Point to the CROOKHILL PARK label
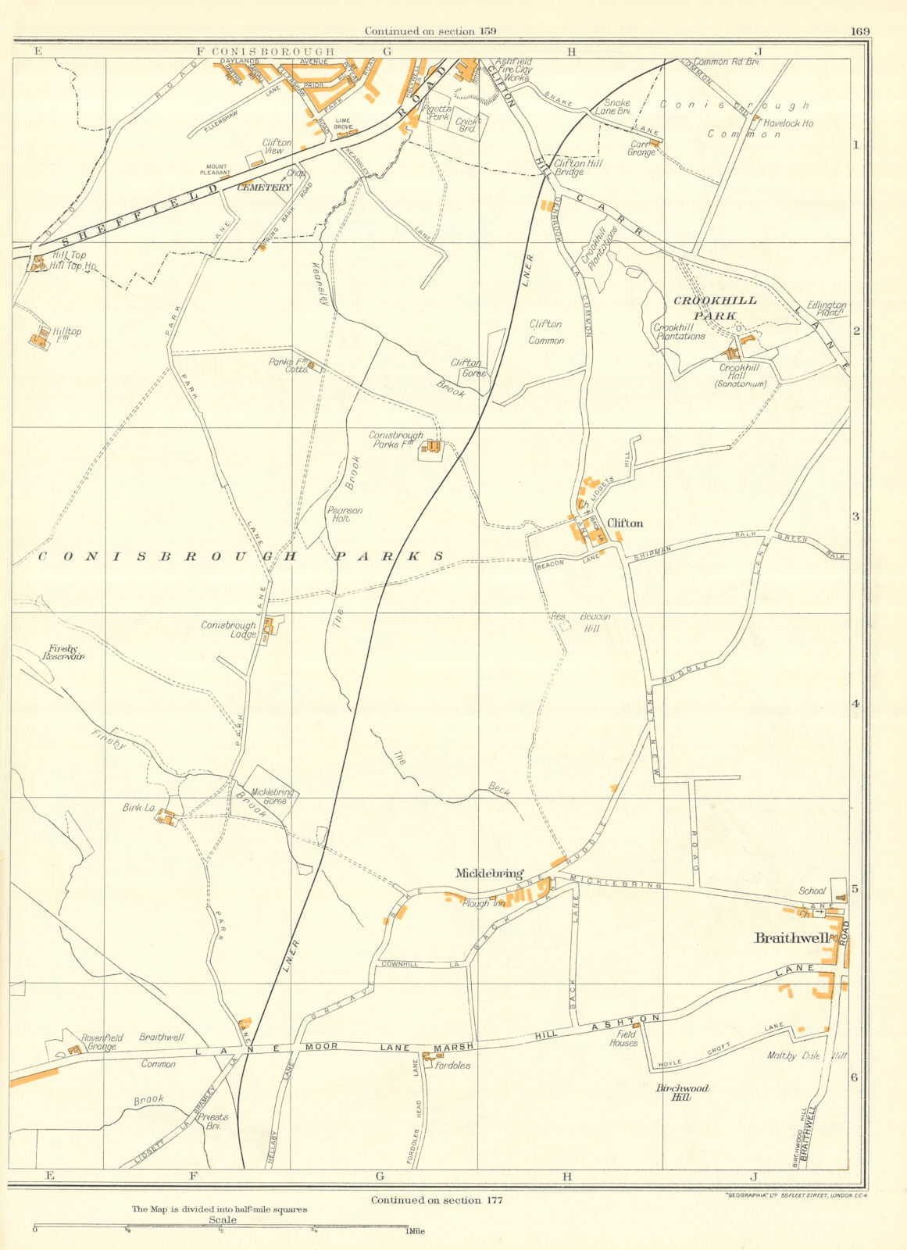[706, 308]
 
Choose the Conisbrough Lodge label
[228, 630]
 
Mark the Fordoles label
[453, 1065]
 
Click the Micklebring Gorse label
[270, 796]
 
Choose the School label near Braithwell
[812, 891]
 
